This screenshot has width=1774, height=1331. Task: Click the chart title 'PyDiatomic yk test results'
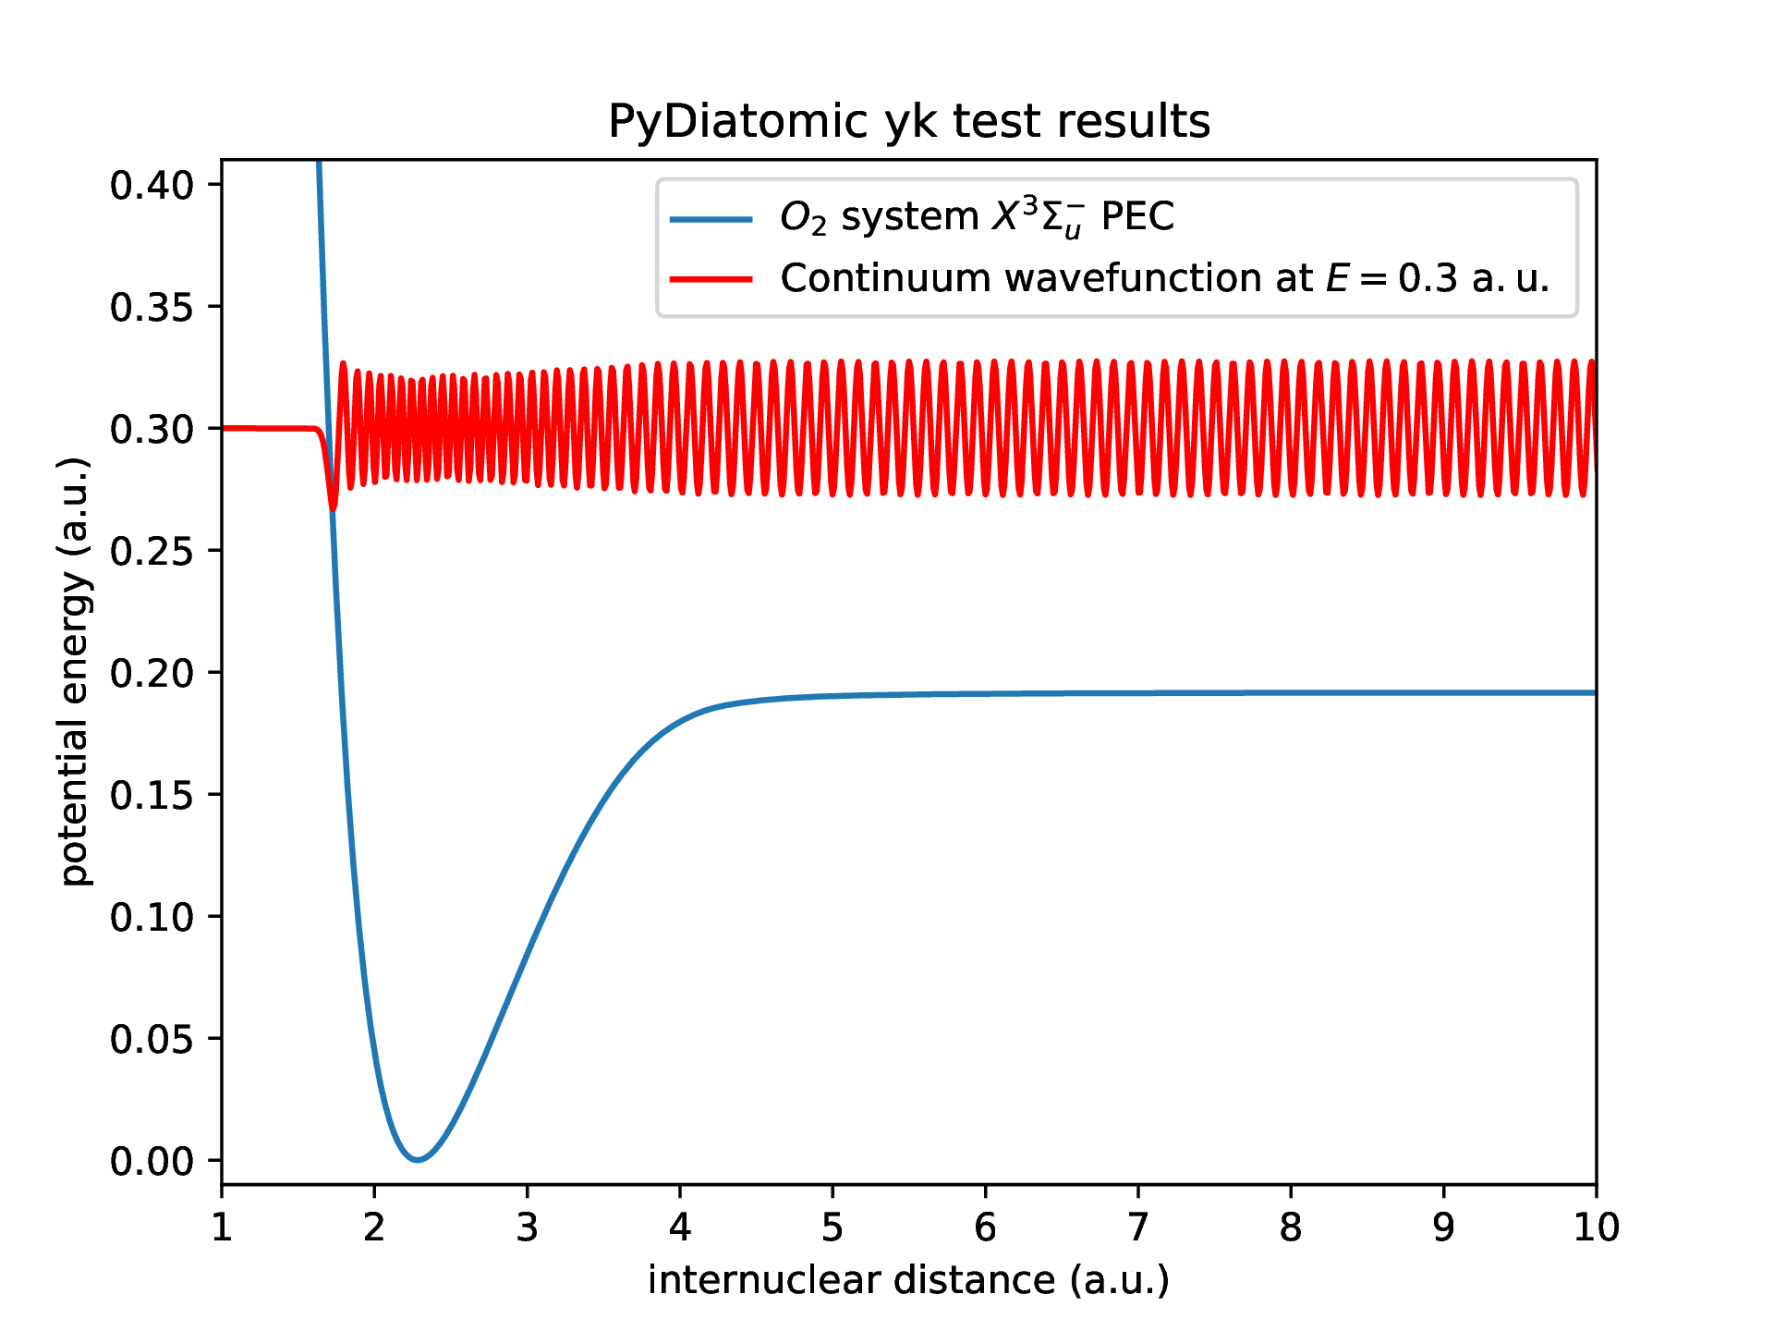click(909, 121)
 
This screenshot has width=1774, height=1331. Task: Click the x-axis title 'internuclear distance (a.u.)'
click(909, 1280)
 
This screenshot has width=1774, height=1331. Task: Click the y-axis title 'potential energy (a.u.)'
click(75, 672)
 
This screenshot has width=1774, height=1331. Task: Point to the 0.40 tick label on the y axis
click(152, 186)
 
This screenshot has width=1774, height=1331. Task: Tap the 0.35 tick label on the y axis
click(152, 308)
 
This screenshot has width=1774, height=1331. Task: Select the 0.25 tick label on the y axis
click(152, 552)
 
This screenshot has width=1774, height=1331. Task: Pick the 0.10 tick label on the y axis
click(152, 918)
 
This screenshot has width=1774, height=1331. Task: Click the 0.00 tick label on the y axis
click(152, 1162)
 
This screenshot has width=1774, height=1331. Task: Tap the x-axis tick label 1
click(222, 1227)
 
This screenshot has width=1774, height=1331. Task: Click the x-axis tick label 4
click(680, 1227)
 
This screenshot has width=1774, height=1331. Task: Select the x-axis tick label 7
click(1138, 1227)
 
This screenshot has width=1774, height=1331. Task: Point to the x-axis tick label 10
click(1597, 1227)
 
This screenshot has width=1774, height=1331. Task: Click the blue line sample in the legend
click(711, 219)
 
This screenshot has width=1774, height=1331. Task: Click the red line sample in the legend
click(711, 279)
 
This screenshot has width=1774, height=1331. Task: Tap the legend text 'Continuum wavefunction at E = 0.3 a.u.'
click(1164, 278)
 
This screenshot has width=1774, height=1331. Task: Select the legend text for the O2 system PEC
click(977, 218)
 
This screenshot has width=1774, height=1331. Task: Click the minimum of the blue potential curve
click(418, 1159)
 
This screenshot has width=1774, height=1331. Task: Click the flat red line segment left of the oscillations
click(268, 428)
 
